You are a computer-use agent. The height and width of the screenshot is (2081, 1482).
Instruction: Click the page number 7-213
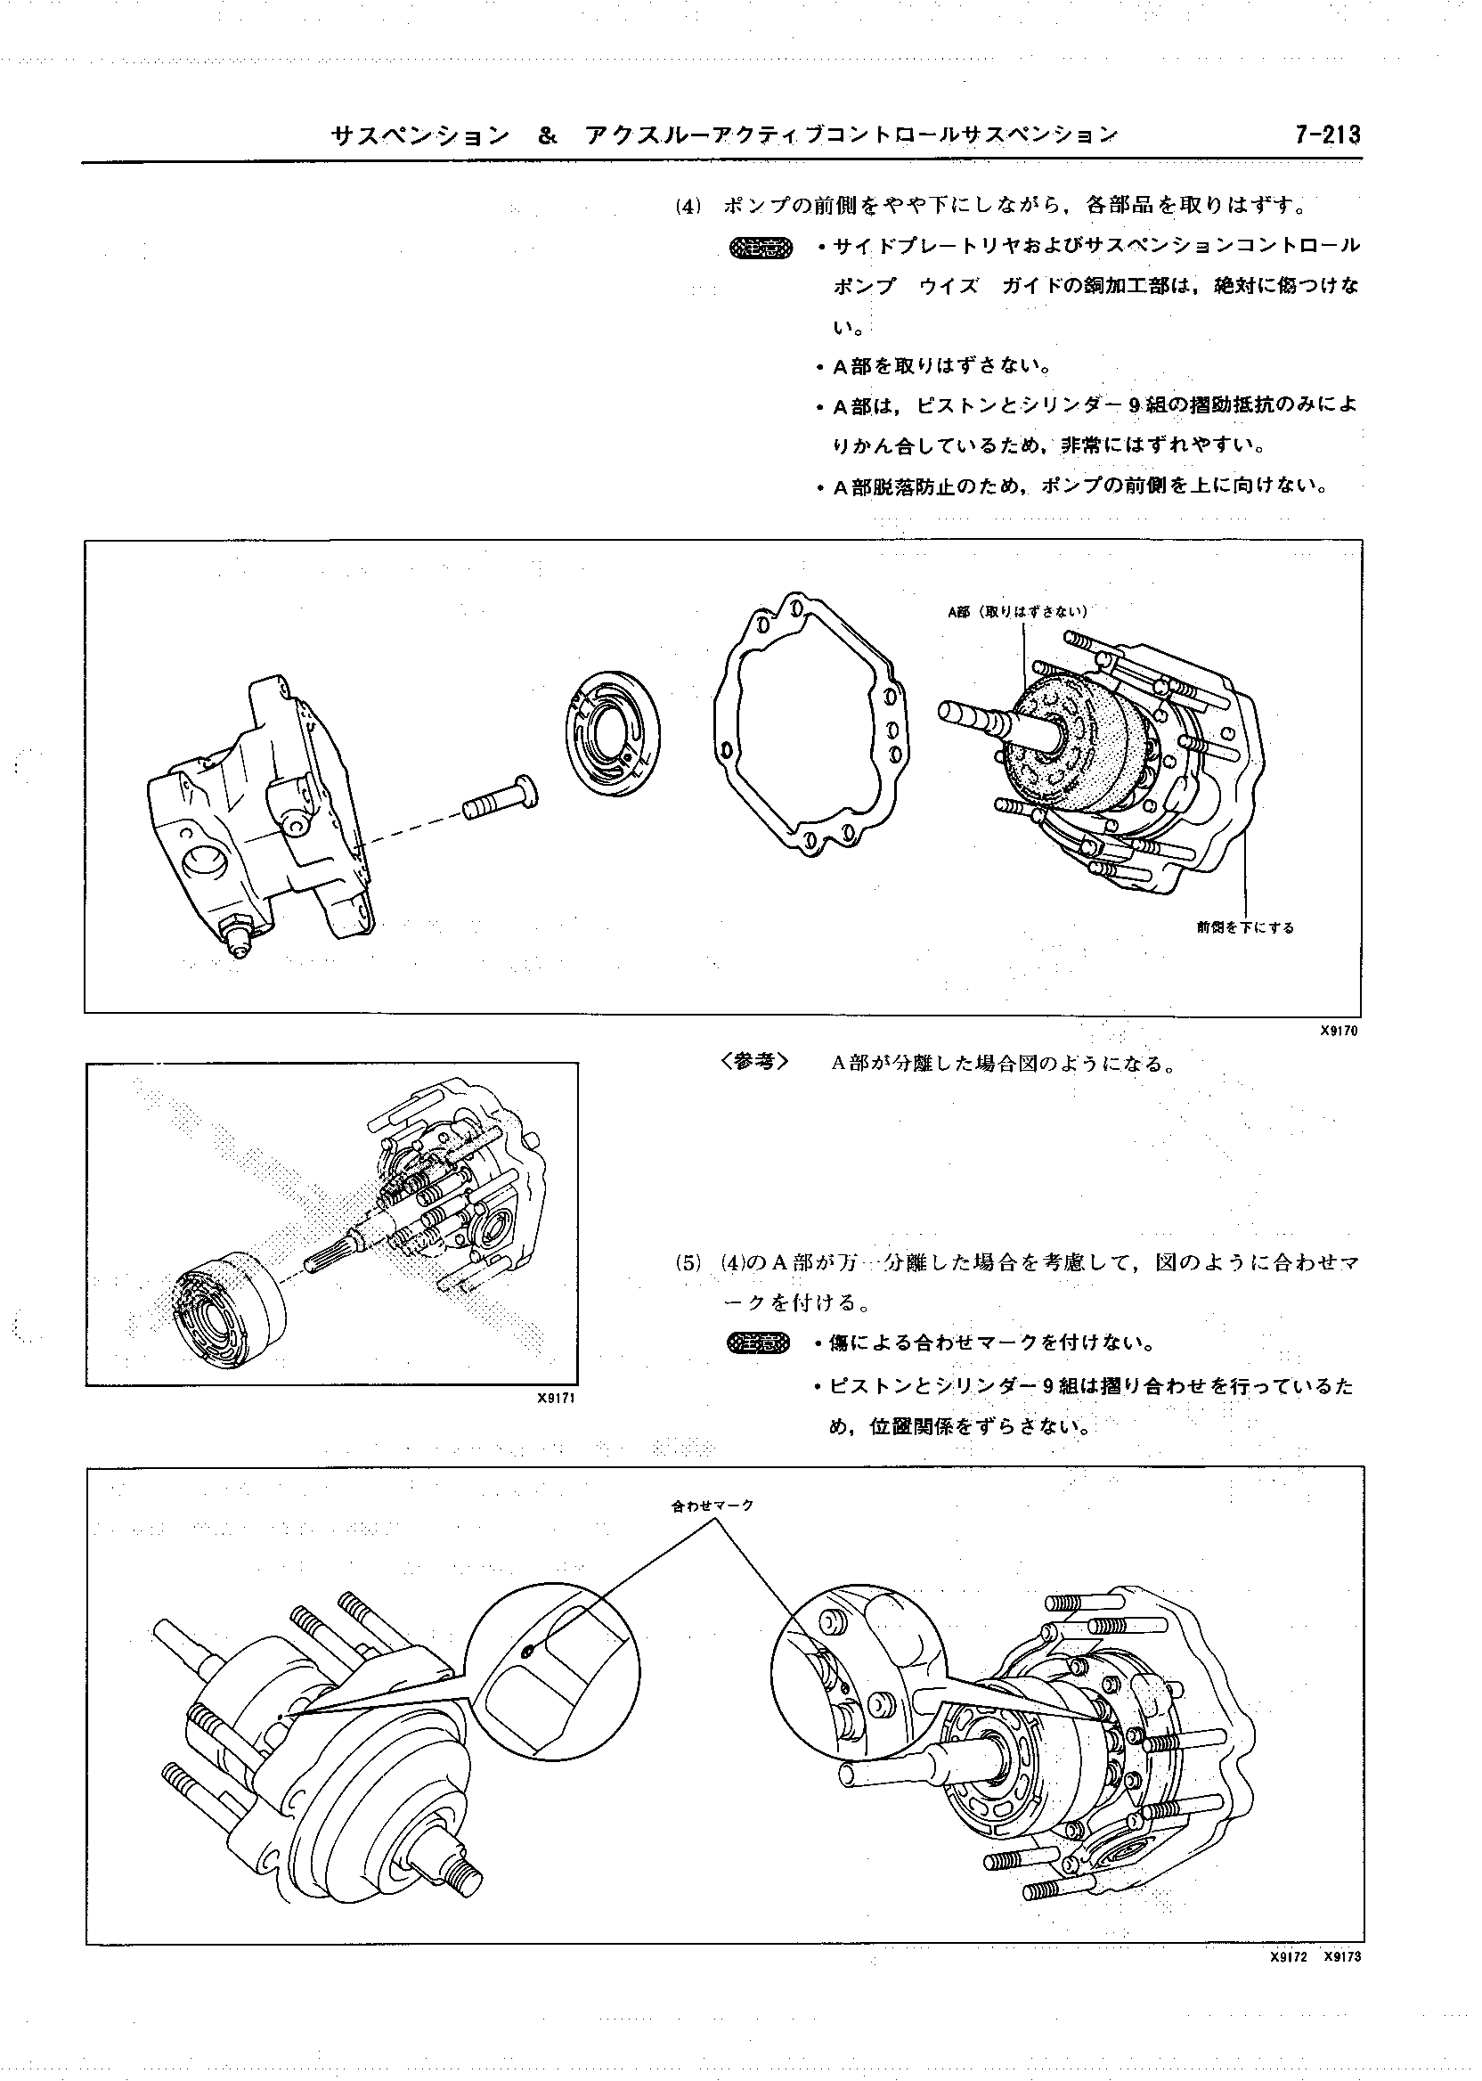[x=1326, y=135]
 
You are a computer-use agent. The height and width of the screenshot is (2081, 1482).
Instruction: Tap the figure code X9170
[x=1339, y=1032]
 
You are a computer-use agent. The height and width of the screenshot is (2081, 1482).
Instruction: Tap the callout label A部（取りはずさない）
[x=1017, y=612]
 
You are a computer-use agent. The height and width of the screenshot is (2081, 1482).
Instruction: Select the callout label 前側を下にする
[x=1245, y=927]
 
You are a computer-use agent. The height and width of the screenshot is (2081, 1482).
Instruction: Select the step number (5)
[x=688, y=1264]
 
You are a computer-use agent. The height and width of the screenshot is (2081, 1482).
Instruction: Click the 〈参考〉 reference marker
[x=753, y=1062]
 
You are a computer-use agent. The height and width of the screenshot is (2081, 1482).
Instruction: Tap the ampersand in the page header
[x=547, y=136]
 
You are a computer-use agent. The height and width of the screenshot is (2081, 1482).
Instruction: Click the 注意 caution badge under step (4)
[x=762, y=248]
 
